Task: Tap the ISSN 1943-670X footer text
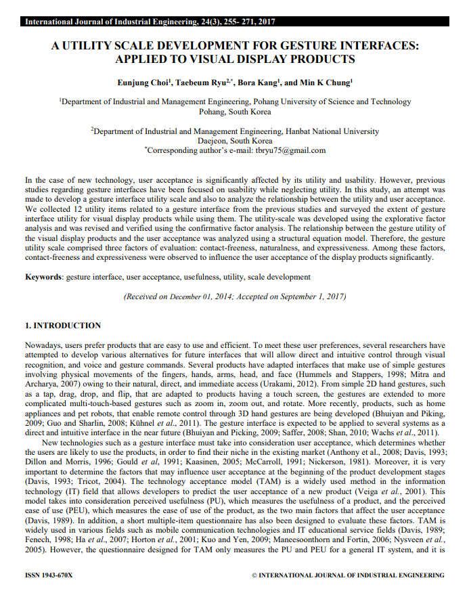[49, 575]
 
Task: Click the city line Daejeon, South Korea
[235, 141]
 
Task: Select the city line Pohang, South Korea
[235, 112]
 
